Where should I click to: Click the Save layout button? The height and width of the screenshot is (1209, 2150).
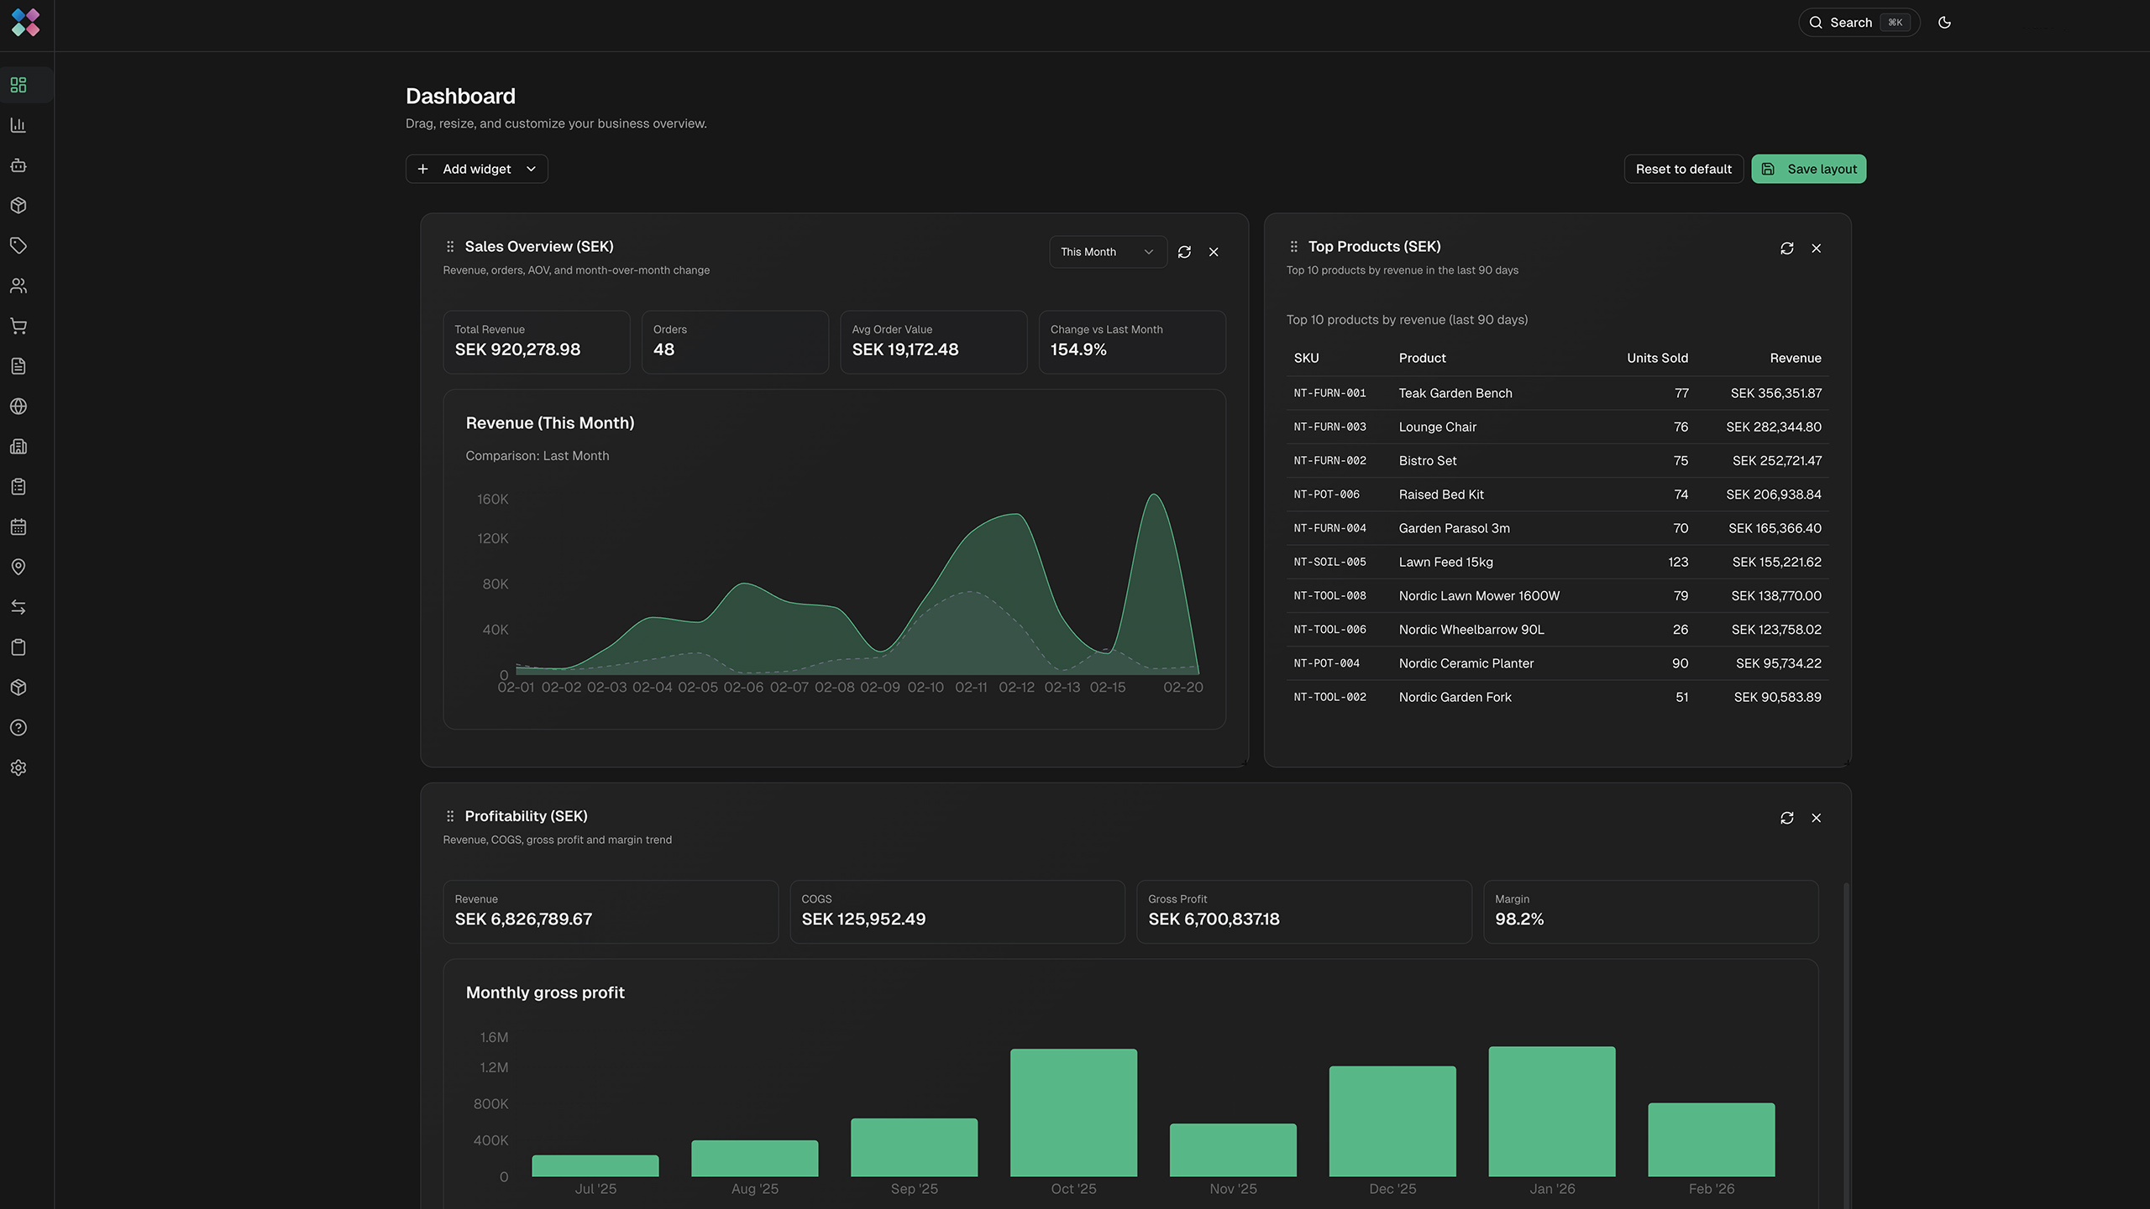[1808, 169]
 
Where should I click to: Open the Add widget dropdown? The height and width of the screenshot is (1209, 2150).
[476, 169]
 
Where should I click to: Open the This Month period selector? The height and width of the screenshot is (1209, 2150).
[1107, 252]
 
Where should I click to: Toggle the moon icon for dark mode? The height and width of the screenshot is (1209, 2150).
[1944, 23]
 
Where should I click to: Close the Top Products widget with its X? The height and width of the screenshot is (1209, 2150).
[1816, 249]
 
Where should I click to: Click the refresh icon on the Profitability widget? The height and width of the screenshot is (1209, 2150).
[1786, 818]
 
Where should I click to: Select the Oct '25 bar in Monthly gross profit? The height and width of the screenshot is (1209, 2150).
[1073, 1112]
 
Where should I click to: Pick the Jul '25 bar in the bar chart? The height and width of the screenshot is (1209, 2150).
[595, 1165]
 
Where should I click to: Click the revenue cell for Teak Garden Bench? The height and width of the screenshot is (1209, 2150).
[1775, 393]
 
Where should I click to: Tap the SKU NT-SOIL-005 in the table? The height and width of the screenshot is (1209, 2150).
[1329, 562]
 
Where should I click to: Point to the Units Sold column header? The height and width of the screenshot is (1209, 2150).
[1656, 358]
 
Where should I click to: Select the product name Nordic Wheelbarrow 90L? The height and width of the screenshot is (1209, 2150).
[1471, 630]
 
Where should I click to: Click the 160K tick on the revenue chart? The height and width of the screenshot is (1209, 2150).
[492, 500]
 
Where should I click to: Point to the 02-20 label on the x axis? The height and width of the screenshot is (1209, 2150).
[1182, 688]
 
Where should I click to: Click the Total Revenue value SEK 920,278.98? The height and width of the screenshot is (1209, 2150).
[517, 349]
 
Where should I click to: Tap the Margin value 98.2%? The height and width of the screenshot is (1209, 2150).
[1518, 919]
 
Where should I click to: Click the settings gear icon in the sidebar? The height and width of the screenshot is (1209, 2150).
[18, 767]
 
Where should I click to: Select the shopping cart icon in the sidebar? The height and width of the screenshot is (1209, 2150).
[18, 326]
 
